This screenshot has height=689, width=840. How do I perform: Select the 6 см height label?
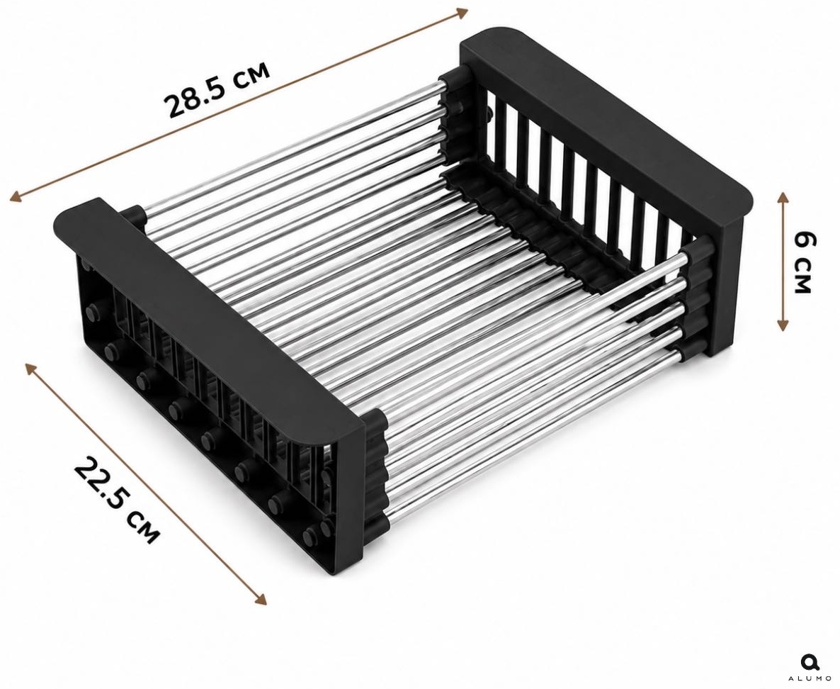click(x=804, y=262)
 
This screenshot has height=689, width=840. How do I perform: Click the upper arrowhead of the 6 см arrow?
click(x=783, y=198)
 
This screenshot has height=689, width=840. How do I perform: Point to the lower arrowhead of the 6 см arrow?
click(x=783, y=324)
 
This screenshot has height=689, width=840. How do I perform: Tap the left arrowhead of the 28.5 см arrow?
click(x=17, y=196)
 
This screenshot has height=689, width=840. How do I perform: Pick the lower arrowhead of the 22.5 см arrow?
click(x=260, y=599)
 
